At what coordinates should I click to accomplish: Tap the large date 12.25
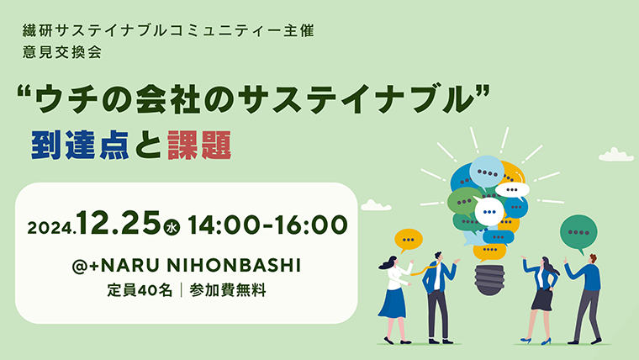[119, 224]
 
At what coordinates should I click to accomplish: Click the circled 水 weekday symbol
[172, 227]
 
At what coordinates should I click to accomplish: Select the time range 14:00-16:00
[267, 225]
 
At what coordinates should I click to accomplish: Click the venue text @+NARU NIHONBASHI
[187, 266]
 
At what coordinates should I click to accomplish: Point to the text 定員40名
[140, 290]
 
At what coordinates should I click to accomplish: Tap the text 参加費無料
[227, 290]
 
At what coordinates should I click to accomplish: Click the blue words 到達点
[80, 146]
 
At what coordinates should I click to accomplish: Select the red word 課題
[199, 146]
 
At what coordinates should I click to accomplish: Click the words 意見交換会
[62, 53]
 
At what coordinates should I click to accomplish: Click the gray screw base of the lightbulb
[489, 280]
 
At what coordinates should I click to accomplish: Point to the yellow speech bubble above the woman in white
[408, 240]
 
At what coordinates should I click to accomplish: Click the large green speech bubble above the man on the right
[578, 233]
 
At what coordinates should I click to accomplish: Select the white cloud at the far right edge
[615, 155]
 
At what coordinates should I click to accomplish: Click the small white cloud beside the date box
[376, 205]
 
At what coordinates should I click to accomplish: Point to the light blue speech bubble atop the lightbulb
[487, 172]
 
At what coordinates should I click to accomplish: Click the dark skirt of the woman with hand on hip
[542, 299]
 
